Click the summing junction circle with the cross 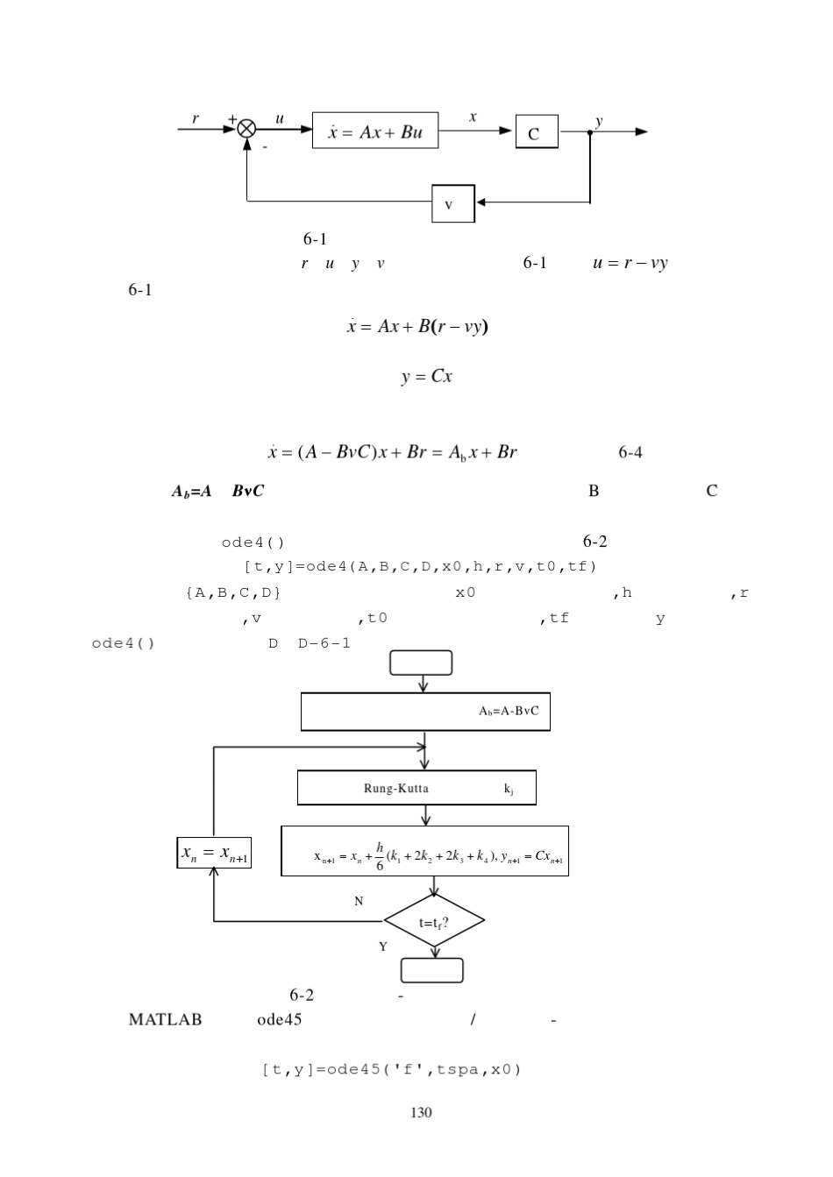click(246, 129)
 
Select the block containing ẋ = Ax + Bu click(375, 131)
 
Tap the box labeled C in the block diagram click(537, 131)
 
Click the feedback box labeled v click(453, 203)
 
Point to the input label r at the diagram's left click(196, 118)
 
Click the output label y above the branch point click(599, 121)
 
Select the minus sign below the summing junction click(265, 147)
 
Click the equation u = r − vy click(630, 263)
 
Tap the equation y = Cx click(426, 376)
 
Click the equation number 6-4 click(630, 452)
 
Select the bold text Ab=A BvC click(217, 491)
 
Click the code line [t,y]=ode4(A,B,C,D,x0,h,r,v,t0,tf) click(420, 566)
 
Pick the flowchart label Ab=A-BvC click(509, 712)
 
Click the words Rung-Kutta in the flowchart click(396, 788)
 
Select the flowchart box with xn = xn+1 click(214, 852)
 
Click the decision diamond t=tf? click(434, 920)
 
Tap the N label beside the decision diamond click(359, 901)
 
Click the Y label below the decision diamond click(383, 947)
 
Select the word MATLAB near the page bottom click(165, 1019)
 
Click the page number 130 click(421, 1112)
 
